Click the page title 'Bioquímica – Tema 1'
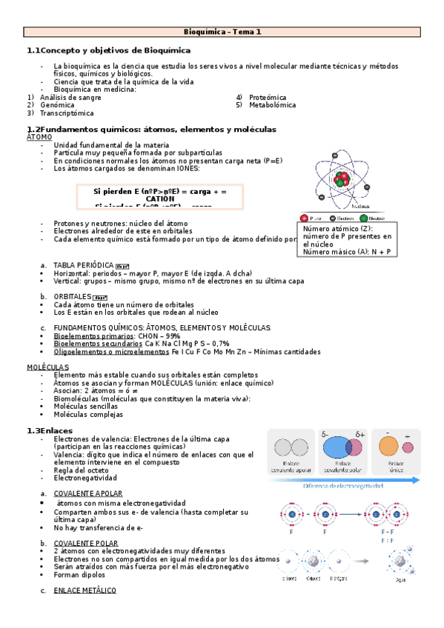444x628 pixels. point(222,32)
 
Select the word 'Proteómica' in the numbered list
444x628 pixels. point(268,98)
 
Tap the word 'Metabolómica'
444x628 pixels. point(272,105)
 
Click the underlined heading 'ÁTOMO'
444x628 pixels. point(39,137)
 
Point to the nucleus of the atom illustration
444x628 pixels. point(341,181)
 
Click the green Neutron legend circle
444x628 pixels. point(363,218)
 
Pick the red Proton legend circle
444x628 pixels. point(305,218)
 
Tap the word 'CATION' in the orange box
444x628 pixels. point(160,199)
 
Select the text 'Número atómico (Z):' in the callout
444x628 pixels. point(335,230)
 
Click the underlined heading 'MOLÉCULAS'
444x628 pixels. point(47,367)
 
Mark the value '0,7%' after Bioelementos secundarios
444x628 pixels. point(219,344)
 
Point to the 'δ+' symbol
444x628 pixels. point(361,434)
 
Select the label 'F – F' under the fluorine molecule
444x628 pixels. point(387,532)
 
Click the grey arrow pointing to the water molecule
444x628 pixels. point(365,560)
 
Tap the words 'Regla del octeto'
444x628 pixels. point(82,470)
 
